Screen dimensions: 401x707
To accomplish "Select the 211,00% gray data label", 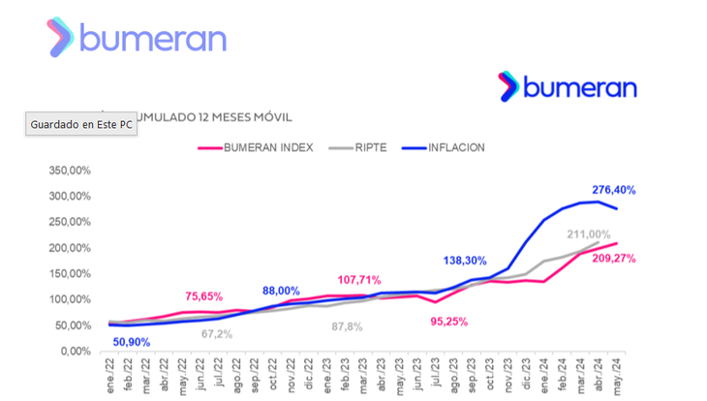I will (x=587, y=234).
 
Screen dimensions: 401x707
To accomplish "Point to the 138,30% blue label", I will (x=467, y=262).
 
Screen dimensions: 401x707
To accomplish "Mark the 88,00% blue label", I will (x=280, y=291).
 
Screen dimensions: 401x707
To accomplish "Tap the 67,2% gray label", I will (x=217, y=334).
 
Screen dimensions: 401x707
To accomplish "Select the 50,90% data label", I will (x=133, y=341).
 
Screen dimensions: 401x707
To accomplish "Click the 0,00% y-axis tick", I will (x=78, y=351).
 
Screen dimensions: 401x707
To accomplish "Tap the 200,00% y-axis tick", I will (x=70, y=247).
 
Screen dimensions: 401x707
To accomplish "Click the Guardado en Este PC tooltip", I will (x=79, y=125).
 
